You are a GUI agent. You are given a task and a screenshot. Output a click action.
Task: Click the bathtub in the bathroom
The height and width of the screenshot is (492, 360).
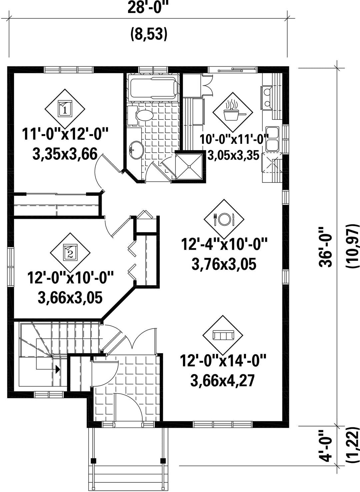point(154,87)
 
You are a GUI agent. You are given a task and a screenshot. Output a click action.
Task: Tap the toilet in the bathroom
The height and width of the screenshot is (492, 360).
point(140,115)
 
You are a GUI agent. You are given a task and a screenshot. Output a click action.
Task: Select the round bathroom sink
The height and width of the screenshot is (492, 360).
point(137,150)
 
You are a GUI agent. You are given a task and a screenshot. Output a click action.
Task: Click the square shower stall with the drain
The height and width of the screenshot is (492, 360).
point(189,167)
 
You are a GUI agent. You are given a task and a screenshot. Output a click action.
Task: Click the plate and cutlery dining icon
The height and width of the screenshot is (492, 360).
point(224,219)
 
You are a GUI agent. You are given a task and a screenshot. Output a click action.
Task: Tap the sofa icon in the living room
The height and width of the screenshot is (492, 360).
point(222,336)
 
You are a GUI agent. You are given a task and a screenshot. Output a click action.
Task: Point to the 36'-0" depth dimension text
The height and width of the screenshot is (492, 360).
point(326,247)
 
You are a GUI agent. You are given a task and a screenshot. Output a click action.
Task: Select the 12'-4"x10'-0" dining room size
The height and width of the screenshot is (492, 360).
point(224,244)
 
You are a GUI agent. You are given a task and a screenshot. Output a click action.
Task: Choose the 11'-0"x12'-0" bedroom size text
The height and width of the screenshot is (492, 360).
point(65,134)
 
